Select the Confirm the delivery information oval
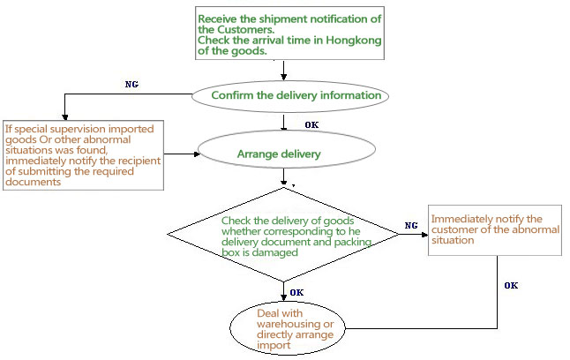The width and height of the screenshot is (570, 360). pos(284,95)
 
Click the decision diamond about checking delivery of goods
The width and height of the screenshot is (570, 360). pos(285,233)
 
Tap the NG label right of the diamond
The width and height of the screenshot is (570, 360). pos(411,226)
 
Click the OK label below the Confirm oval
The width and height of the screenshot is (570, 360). pos(311,124)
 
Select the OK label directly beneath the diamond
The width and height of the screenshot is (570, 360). pos(297,292)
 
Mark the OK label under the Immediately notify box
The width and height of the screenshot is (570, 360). pos(511,285)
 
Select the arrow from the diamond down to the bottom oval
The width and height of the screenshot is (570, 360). pos(283,291)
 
